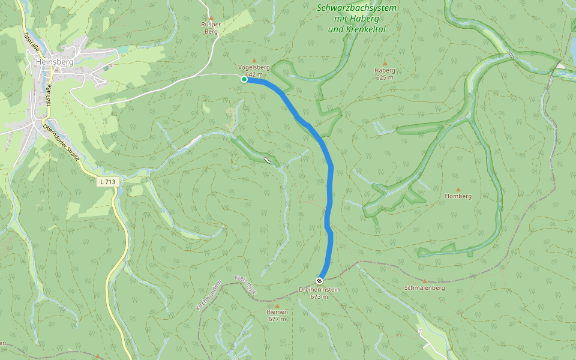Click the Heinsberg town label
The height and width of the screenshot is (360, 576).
(x=54, y=62)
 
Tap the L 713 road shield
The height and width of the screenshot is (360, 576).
(x=107, y=181)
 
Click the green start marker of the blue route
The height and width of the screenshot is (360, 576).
(x=244, y=79)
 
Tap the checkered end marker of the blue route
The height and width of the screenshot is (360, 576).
(x=320, y=280)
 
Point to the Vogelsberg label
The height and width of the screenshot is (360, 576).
(x=254, y=67)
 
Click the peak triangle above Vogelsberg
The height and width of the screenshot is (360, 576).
(x=254, y=60)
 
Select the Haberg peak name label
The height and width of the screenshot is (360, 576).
(x=385, y=70)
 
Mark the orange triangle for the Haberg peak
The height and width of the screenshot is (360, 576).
(x=385, y=63)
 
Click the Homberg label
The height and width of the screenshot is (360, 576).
(x=458, y=196)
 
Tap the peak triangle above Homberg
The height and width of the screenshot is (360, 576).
(x=458, y=189)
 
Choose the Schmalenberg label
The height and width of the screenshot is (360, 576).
(x=424, y=288)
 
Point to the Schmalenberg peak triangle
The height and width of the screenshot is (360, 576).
(x=424, y=281)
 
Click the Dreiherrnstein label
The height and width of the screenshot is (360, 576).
(x=319, y=290)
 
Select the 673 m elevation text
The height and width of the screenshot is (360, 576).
(x=319, y=297)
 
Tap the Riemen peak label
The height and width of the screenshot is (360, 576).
(x=277, y=312)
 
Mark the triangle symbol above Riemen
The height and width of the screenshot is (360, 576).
(x=277, y=305)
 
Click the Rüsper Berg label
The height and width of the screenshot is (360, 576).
(x=211, y=28)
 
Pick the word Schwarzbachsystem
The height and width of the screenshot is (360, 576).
(x=356, y=8)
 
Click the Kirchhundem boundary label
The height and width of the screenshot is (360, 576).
(x=209, y=295)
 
